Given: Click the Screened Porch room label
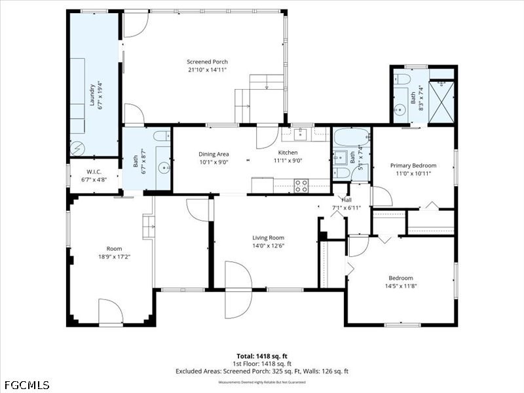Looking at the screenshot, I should point(207,62).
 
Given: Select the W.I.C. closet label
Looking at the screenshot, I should point(94,172).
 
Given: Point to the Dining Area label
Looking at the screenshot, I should point(214,154).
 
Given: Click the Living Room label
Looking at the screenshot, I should point(268,238).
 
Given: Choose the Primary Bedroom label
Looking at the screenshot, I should point(413,166).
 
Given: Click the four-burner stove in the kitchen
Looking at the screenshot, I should point(301,185).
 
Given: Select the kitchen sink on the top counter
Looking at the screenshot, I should point(300,135).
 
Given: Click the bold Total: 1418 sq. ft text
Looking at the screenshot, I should point(262,356).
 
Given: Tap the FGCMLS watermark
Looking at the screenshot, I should point(26,385).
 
